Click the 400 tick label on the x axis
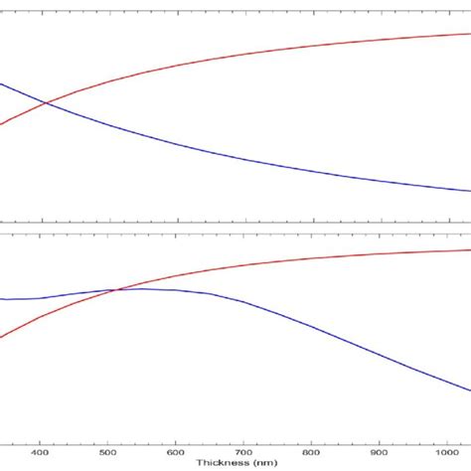pos(40,453)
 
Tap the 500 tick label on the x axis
pos(107,453)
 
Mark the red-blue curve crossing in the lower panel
pos(117,290)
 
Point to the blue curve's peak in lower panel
pos(144,288)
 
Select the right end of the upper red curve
pos(470,34)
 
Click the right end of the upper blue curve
pos(470,191)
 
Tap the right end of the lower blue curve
pos(470,390)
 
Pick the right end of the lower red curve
pos(470,249)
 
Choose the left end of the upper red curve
pos(1,124)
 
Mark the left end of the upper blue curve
pos(1,83)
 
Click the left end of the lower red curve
pos(1,338)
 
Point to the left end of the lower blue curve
pos(1,299)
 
